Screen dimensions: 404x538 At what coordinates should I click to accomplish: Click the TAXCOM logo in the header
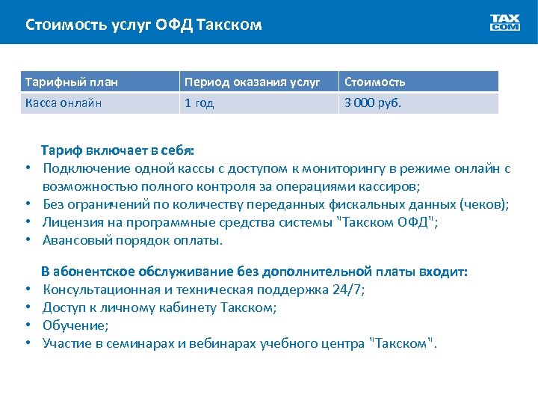505,22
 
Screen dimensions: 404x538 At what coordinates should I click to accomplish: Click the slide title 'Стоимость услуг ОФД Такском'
143,25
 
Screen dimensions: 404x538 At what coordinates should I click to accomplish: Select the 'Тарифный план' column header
72,82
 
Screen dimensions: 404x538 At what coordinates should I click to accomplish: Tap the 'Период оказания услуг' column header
253,82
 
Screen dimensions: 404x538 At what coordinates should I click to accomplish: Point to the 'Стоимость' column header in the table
374,82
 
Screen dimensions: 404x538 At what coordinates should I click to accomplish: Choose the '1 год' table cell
200,103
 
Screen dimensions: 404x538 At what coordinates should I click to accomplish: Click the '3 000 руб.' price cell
372,103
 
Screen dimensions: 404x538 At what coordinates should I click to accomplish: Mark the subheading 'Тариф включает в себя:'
117,150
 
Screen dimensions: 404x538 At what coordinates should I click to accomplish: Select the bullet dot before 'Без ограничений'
27,205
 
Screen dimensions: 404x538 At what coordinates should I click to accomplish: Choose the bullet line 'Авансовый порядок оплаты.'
133,241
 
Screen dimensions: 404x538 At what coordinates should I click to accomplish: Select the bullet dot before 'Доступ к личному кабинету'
27,307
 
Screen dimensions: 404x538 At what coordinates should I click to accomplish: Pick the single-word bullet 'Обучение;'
75,325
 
